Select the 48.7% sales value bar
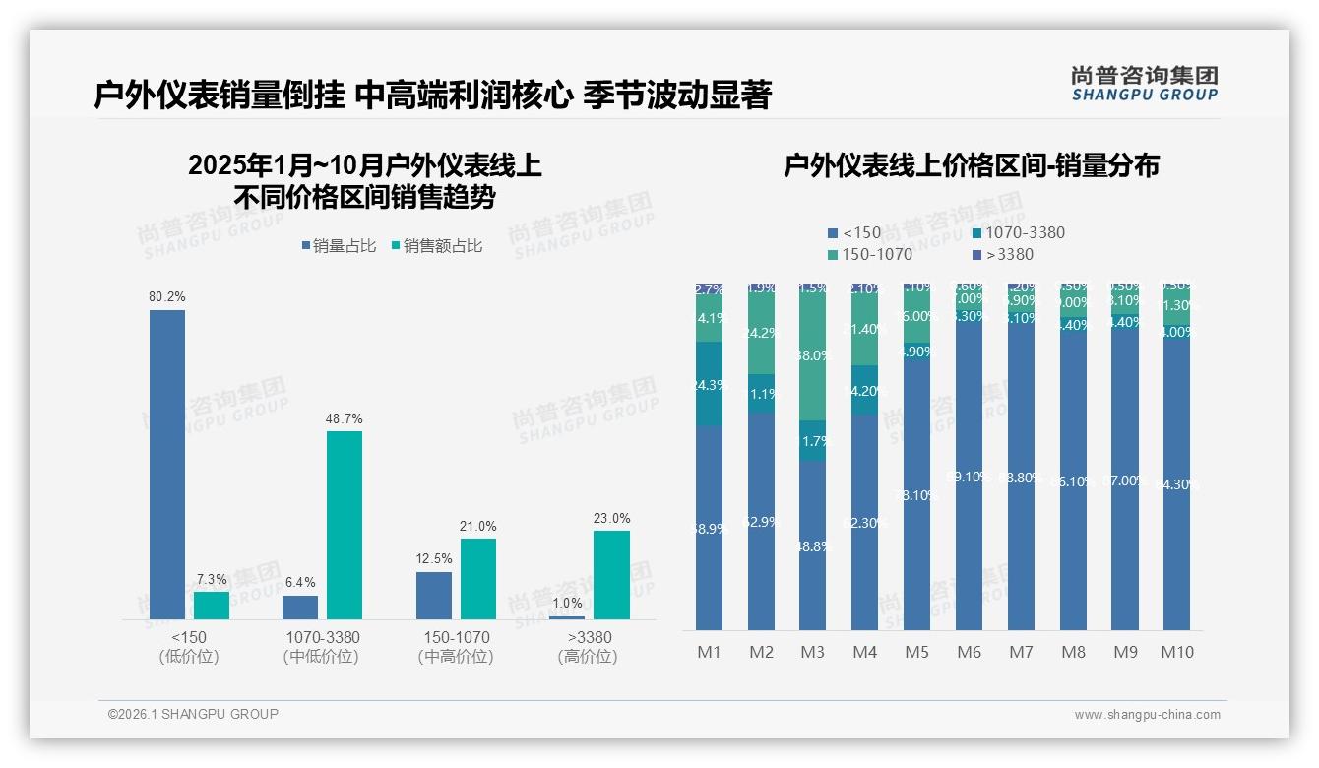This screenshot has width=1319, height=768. click(x=345, y=525)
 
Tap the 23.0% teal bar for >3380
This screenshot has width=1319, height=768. click(x=611, y=575)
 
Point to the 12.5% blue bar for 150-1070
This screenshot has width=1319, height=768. click(x=434, y=596)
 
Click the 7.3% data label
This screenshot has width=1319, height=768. click(x=211, y=579)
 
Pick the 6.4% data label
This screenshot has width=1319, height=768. click(x=300, y=583)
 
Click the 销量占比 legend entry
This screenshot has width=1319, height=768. click(x=339, y=246)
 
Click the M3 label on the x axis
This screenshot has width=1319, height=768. click(x=812, y=652)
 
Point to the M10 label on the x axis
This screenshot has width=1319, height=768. click(x=1176, y=652)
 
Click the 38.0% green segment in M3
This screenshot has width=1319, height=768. click(x=812, y=355)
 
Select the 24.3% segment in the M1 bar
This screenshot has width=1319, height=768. click(x=709, y=385)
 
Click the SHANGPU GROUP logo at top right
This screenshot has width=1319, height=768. click(x=1144, y=83)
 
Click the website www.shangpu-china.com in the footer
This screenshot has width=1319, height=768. click(x=1147, y=715)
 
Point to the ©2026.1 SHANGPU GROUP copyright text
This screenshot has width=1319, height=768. click(x=193, y=714)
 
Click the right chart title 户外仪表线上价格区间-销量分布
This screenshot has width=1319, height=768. click(x=971, y=165)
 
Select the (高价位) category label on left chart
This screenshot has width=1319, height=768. click(x=587, y=657)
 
